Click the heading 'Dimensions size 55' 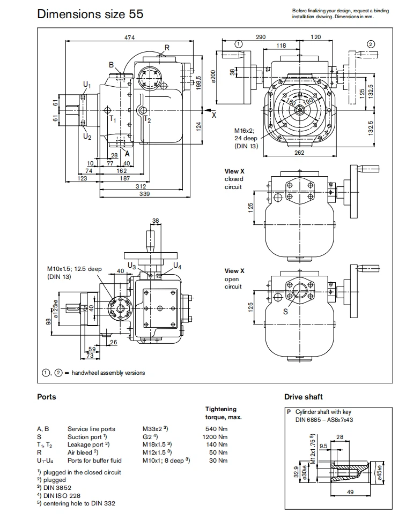tap(90, 14)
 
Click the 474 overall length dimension tap(129, 37)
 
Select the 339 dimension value tap(144, 194)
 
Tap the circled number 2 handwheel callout tap(371, 44)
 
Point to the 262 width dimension tap(299, 153)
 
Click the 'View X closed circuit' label tap(234, 179)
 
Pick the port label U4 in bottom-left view tap(178, 266)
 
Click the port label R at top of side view tap(167, 48)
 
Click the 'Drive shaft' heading tap(303, 397)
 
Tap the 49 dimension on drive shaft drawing tap(349, 492)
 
